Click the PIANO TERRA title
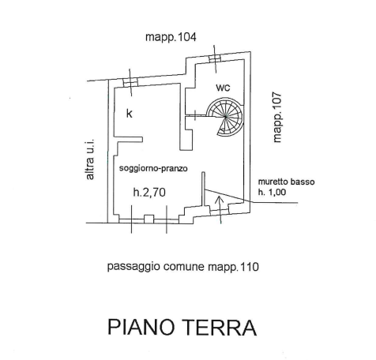coord(182,328)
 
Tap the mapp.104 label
coord(171,37)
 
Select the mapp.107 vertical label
coord(277,117)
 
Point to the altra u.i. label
coord(90,159)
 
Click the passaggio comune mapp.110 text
coord(183,267)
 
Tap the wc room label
coord(223,88)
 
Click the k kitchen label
coord(130,114)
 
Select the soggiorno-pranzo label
coord(153,168)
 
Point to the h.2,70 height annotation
coord(149,193)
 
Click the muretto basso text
coord(286,182)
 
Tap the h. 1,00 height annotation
coord(272,193)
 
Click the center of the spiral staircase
coord(225,116)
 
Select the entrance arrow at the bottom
coord(220,210)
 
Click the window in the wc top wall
coord(215,58)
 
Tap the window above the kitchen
coord(130,83)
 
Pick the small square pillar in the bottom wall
coord(149,219)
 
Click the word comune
coord(184,267)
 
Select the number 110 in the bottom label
coord(250,267)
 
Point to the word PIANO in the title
coord(141,328)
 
